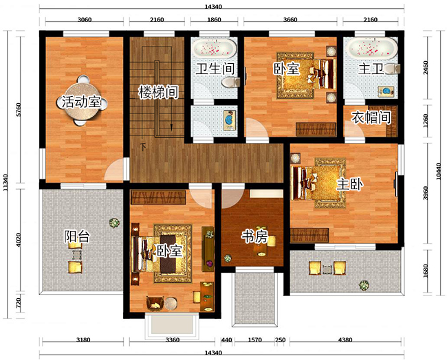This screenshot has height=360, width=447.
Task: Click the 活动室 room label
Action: tap(81, 102)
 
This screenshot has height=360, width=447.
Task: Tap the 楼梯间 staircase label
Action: tap(158, 92)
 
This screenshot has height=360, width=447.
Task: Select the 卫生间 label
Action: tap(215, 69)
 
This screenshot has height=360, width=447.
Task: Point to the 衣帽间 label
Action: tap(371, 117)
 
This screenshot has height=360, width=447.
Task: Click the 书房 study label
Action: tap(254, 236)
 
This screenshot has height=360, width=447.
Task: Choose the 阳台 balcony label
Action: tap(77, 236)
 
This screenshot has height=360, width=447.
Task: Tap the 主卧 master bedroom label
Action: tap(350, 185)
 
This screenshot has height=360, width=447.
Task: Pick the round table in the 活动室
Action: tap(83, 100)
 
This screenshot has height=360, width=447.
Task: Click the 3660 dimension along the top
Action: tap(290, 20)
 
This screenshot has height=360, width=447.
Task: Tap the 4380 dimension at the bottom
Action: tap(345, 339)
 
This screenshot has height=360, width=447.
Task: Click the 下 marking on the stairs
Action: tap(144, 147)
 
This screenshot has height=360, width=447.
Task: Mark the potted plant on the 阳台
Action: tap(114, 223)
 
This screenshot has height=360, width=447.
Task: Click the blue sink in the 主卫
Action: tap(387, 91)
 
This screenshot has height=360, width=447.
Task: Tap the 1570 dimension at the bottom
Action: tap(255, 340)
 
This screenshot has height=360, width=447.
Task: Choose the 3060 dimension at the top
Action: tap(85, 20)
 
